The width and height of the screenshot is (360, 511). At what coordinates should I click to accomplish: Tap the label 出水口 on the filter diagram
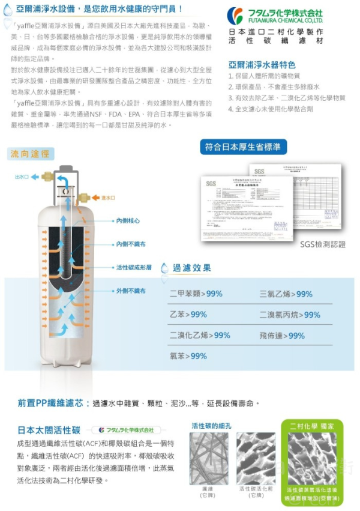point(22,177)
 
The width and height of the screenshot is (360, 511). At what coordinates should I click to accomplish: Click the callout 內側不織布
point(131,244)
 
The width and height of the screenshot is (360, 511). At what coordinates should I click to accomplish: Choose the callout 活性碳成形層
point(134,267)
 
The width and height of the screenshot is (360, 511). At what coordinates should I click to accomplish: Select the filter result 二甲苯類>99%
point(196,294)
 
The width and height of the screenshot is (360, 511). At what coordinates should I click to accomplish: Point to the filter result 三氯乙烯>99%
point(286,294)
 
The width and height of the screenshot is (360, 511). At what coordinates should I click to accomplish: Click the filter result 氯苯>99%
point(188,356)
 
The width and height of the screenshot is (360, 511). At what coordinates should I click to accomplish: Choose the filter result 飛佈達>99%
point(282,336)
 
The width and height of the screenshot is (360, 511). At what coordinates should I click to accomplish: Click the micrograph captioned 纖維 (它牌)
point(208,458)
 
